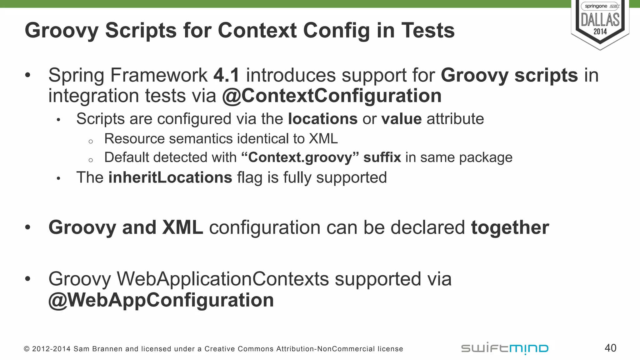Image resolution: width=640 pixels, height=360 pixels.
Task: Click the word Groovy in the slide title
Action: point(61,31)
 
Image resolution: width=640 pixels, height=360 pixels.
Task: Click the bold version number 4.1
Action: point(227,75)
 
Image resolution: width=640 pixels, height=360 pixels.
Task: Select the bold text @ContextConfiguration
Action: point(332,96)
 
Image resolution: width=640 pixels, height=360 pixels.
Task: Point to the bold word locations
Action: point(322,119)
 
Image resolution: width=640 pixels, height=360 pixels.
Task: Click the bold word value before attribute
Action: point(401,119)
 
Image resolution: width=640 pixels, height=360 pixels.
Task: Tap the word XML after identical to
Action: point(323,139)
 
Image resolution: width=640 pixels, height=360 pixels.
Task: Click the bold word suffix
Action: point(382,157)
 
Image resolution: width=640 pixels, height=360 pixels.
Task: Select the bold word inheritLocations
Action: point(170,177)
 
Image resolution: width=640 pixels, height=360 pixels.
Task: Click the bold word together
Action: point(510,227)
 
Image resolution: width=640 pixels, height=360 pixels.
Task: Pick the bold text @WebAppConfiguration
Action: point(161,300)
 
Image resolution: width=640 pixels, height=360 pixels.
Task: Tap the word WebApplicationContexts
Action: point(223,279)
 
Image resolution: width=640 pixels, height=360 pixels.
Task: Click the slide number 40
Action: point(610,348)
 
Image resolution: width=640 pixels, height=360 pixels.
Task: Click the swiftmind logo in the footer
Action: point(505,348)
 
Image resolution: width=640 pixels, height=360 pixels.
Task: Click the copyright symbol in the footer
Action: point(27,349)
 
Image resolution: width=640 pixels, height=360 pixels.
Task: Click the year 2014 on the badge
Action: point(600,32)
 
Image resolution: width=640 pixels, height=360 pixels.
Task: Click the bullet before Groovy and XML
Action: point(28,227)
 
